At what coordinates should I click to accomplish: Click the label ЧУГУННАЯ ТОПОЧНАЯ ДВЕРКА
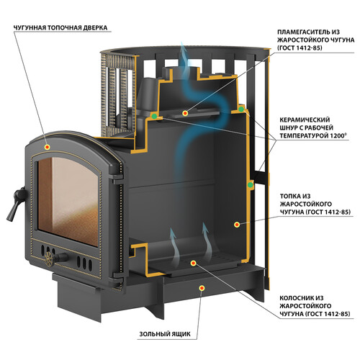(60, 27)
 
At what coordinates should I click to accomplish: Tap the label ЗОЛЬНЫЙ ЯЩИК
(165, 334)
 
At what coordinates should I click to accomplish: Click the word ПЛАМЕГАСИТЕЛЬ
(305, 32)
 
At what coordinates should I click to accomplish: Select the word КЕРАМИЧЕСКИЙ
(305, 120)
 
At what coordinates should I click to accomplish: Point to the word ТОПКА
(292, 197)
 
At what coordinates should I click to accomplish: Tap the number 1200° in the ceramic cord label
(338, 135)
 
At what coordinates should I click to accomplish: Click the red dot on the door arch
(48, 147)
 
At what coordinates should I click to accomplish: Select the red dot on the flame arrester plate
(185, 113)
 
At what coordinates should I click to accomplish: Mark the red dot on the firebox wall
(237, 225)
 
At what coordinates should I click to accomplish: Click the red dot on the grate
(193, 264)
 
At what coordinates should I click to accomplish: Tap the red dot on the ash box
(202, 288)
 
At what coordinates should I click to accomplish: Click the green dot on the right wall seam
(250, 184)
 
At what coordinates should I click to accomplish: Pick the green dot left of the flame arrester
(154, 117)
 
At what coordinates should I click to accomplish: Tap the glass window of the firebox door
(68, 202)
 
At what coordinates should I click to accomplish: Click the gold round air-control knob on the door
(49, 259)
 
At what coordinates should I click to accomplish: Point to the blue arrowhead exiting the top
(184, 49)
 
